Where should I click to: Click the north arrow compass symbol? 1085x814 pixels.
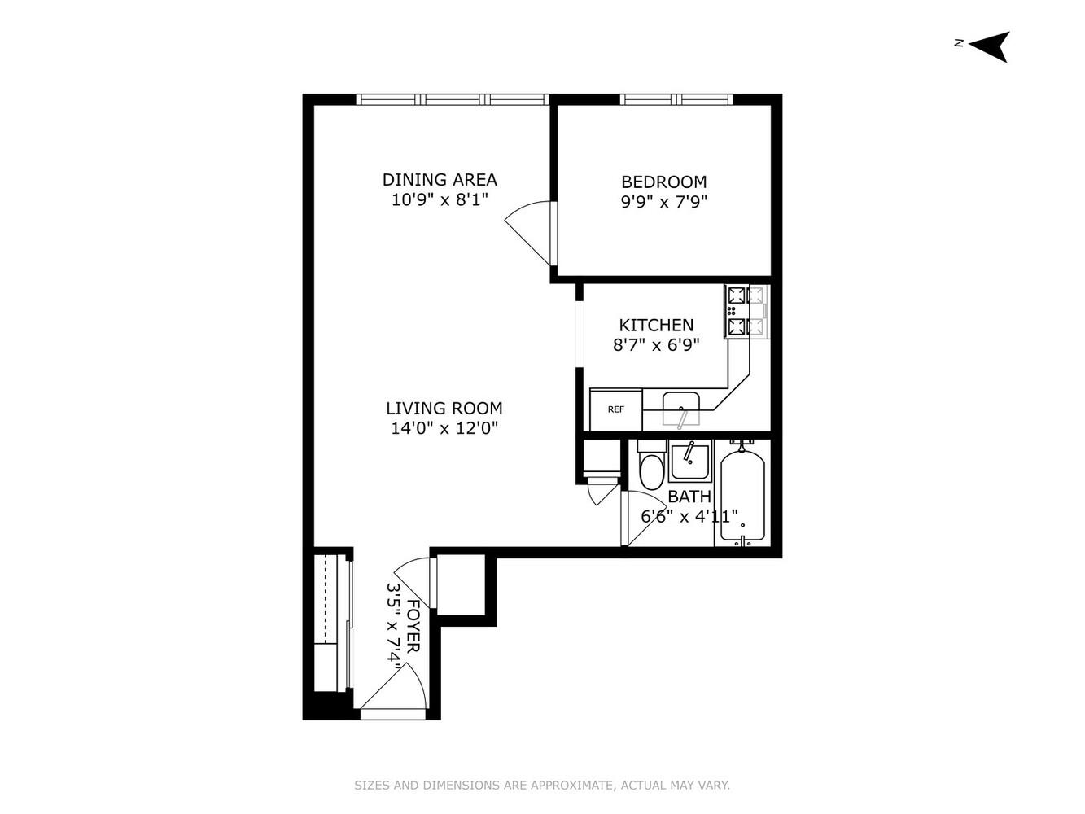(989, 46)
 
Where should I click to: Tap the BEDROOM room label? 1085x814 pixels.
(663, 182)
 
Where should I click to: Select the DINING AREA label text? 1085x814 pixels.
(440, 179)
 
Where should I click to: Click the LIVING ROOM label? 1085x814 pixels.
(444, 408)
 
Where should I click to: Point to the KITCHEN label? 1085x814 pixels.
(656, 325)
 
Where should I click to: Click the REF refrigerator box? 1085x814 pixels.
(616, 409)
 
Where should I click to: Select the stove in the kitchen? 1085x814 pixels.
(746, 311)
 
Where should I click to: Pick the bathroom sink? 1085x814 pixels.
(689, 462)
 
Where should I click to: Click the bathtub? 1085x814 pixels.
(742, 495)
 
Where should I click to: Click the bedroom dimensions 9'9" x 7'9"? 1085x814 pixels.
(663, 202)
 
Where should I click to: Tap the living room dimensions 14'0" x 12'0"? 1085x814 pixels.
(444, 428)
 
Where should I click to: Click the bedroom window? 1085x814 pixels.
(676, 100)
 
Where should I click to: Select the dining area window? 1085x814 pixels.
(453, 100)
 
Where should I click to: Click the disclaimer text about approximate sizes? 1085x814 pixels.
(542, 786)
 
